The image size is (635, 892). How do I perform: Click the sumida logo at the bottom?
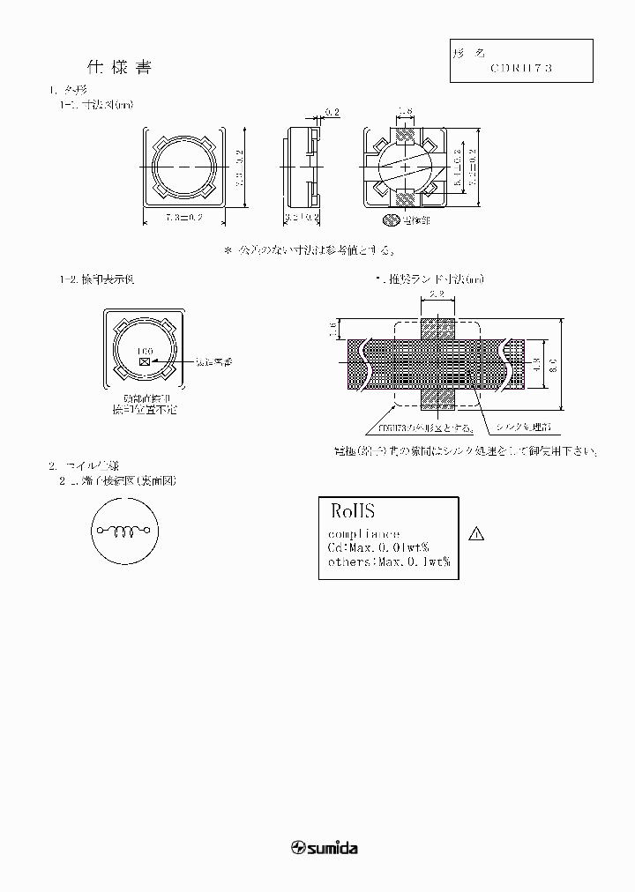(x=324, y=848)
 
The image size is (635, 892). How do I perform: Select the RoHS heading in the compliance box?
(x=353, y=510)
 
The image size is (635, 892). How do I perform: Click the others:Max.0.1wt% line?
(x=389, y=561)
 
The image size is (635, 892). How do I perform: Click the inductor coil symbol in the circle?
(x=124, y=531)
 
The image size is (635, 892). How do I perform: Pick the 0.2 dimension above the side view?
(x=332, y=111)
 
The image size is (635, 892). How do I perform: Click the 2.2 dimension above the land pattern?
(x=436, y=294)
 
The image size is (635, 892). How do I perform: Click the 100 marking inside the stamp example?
(x=146, y=351)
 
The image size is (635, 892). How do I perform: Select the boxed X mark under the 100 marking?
(x=146, y=361)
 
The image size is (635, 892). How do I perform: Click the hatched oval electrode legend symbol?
(x=390, y=218)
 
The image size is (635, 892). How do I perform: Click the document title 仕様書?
(x=123, y=67)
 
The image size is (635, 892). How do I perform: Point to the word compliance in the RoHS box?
(x=363, y=534)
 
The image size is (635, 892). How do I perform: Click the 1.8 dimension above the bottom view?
(x=406, y=111)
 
